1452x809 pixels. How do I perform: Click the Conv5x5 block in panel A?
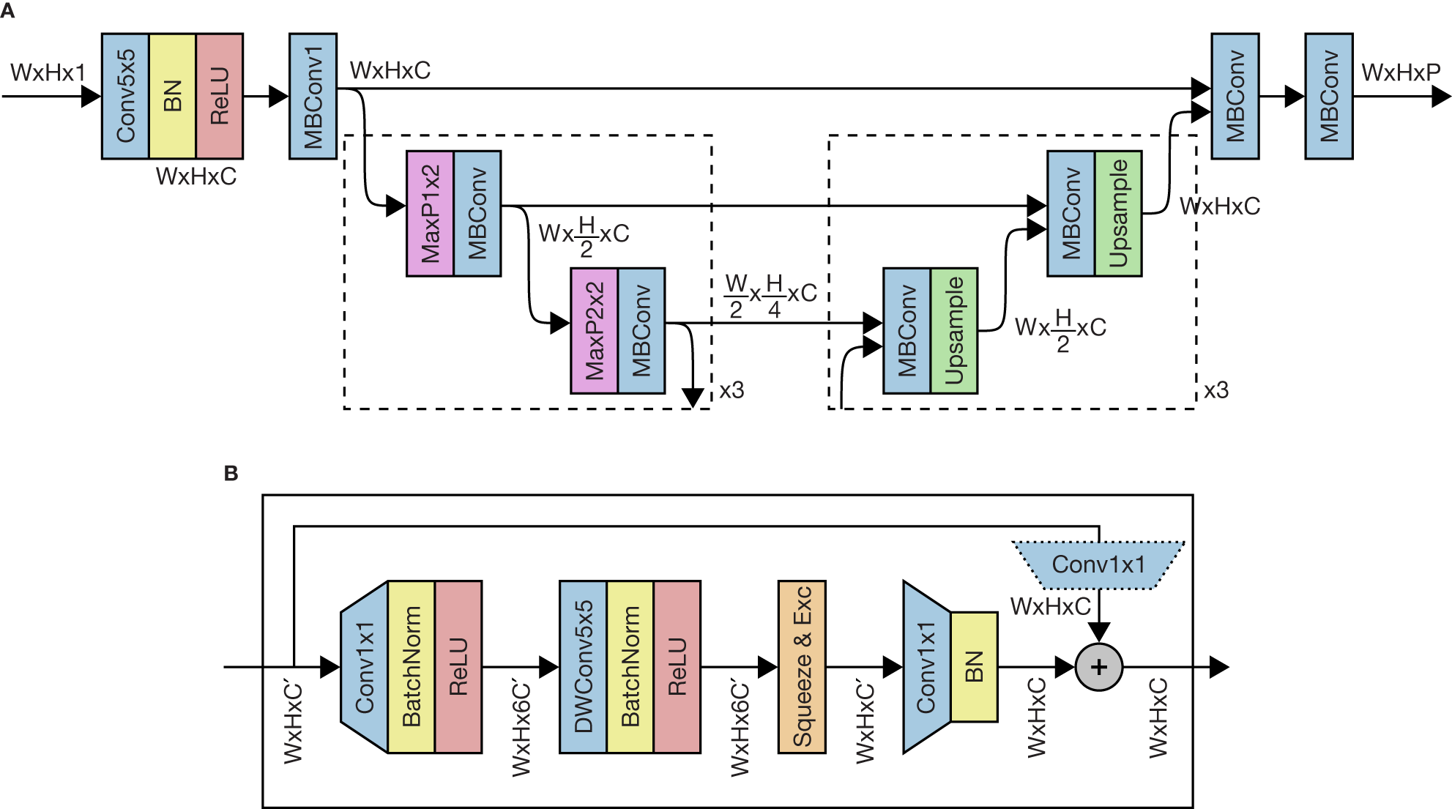pos(125,96)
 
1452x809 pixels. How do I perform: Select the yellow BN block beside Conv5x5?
pos(172,96)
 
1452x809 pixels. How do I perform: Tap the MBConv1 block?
pos(313,96)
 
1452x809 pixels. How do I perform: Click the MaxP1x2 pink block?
pos(430,213)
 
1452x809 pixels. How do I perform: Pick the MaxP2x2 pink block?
pos(594,330)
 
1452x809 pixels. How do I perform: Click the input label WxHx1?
pos(48,72)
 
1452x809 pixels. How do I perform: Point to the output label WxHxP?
pos(1401,72)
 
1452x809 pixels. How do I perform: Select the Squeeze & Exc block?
pos(802,666)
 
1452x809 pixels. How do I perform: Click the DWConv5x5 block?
pos(583,666)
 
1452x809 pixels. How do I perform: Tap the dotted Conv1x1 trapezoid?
pos(1098,564)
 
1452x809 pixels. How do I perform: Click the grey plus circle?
pos(1098,667)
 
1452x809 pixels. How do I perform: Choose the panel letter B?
pos(231,474)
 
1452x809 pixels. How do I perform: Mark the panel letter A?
pos(8,11)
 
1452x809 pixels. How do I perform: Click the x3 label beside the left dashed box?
pos(731,390)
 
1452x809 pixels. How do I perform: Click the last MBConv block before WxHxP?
pos(1328,96)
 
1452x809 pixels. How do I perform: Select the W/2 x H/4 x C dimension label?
pos(770,296)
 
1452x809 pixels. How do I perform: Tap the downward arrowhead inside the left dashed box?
pos(693,397)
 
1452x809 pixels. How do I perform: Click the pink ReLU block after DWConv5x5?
pos(677,666)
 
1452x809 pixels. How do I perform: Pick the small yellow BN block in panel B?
pos(974,666)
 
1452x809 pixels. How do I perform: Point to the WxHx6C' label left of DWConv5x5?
pos(521,728)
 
